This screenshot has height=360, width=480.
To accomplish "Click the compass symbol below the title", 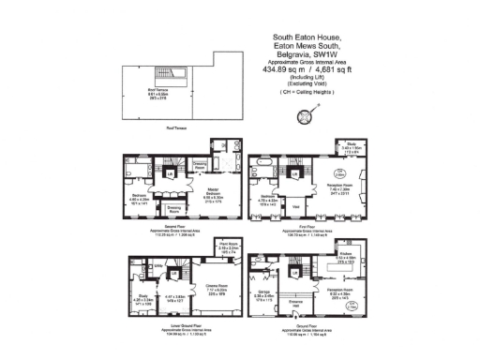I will (x=304, y=116).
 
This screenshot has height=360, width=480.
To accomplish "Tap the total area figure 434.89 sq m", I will (x=281, y=68).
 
